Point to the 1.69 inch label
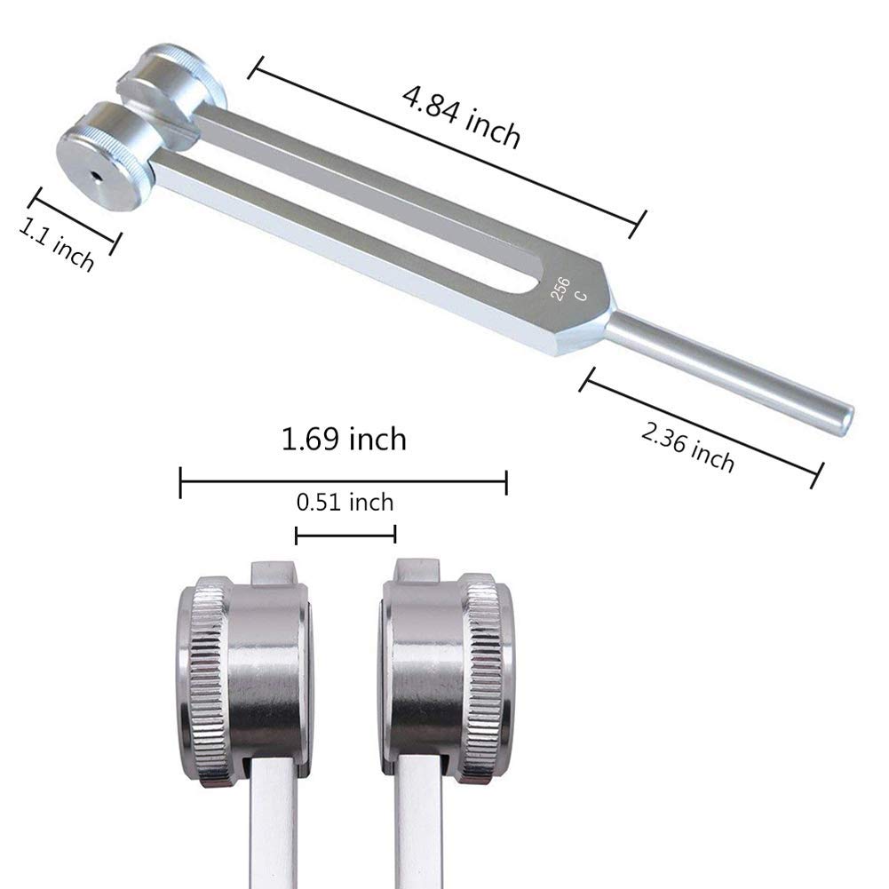pyautogui.click(x=344, y=438)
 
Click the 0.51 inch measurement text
pyautogui.click(x=345, y=503)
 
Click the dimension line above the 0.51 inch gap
pyautogui.click(x=345, y=535)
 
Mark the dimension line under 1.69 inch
pyautogui.click(x=344, y=483)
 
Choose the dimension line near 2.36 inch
pyautogui.click(x=698, y=426)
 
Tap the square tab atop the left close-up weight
pyautogui.click(x=273, y=572)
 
